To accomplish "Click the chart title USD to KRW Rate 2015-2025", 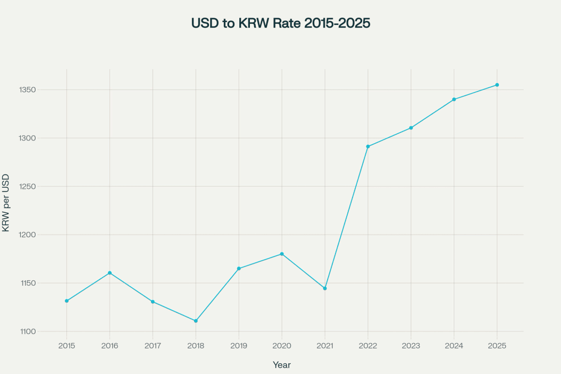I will [280, 24].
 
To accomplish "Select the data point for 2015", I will [66, 301].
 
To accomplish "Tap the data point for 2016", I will [110, 273].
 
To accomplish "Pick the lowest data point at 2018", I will [196, 321].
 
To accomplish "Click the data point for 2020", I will [282, 254].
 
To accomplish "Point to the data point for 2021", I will [325, 288].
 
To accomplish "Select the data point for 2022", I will [368, 146].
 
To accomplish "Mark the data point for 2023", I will [411, 128].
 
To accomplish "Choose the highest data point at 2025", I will [497, 85].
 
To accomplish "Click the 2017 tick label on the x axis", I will [153, 345].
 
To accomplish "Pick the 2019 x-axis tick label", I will [239, 345].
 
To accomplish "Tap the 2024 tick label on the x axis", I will [454, 345].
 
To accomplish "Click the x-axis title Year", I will [282, 365].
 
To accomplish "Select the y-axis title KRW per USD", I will [6, 202].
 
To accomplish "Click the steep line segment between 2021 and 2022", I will [346, 218].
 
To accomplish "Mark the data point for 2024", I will [454, 99].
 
